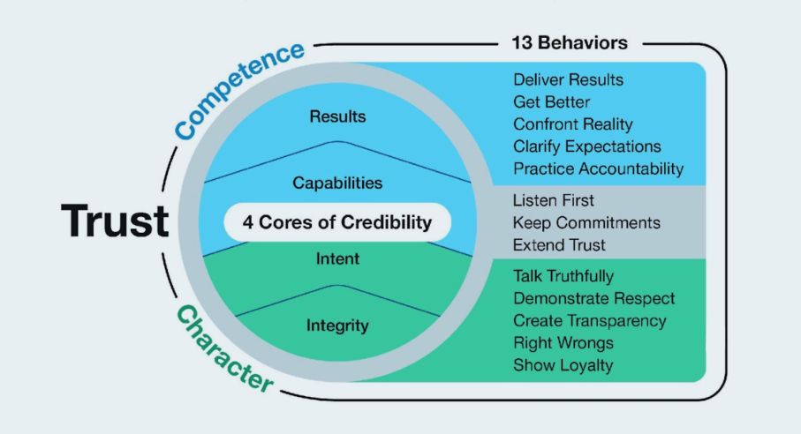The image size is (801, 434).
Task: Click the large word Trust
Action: [x=114, y=221]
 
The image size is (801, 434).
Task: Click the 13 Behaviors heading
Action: [x=570, y=42]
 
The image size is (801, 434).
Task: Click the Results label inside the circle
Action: [x=337, y=116]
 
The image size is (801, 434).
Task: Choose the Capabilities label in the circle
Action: [x=337, y=183]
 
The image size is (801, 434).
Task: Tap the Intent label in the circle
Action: [x=337, y=259]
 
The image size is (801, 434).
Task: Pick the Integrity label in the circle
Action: [x=337, y=325]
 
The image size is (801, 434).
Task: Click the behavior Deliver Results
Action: [x=568, y=80]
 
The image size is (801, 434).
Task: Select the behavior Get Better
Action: [x=552, y=102]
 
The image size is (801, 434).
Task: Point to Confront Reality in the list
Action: [x=572, y=124]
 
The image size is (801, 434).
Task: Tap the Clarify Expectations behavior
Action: [x=586, y=146]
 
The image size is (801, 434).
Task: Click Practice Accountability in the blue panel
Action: [x=598, y=168]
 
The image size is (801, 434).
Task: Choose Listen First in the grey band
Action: [x=554, y=201]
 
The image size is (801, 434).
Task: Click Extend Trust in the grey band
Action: [x=558, y=243]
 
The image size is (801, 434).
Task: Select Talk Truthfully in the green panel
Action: [x=563, y=277]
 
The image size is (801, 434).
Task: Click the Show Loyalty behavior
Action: [x=563, y=365]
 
